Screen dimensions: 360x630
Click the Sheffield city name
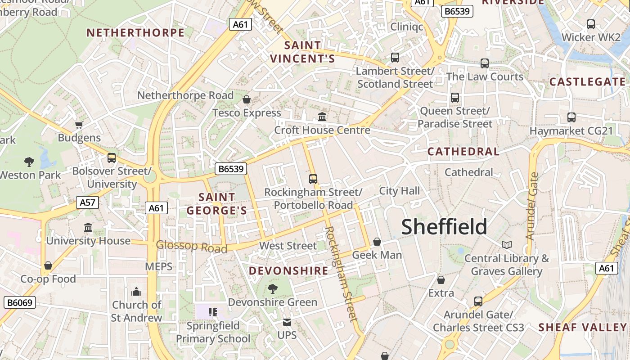point(444,227)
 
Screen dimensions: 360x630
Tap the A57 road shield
point(87,202)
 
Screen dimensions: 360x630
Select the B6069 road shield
point(20,302)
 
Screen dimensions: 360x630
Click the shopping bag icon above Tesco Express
point(246,99)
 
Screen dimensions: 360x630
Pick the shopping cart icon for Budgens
point(79,125)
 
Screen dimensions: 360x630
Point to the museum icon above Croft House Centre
point(322,117)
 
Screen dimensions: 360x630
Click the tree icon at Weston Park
point(29,162)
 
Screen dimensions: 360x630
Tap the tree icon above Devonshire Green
point(272,288)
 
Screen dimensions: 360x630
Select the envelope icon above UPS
point(287,322)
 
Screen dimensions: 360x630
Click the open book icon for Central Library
point(507,245)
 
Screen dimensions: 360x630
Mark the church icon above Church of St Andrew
point(136,292)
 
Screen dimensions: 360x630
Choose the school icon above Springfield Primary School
point(212,312)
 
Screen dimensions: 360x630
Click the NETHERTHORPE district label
point(135,33)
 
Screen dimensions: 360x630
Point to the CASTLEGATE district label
point(587,82)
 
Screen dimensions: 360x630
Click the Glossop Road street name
point(191,247)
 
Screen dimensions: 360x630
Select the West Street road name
point(288,246)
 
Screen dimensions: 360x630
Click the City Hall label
point(399,191)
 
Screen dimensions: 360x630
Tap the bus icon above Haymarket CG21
point(571,117)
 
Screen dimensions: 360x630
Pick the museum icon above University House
point(88,228)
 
